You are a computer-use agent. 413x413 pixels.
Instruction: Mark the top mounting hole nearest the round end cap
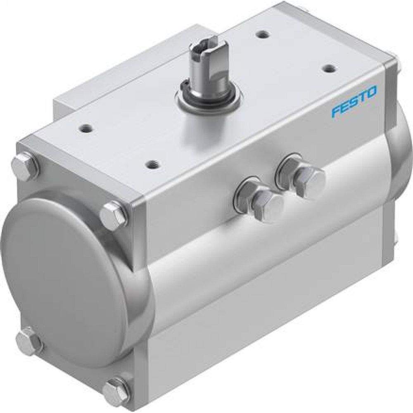[85, 128]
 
